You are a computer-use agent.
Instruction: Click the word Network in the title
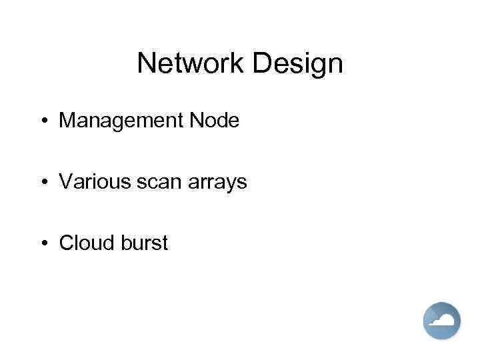191,64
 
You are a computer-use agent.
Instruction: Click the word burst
145,243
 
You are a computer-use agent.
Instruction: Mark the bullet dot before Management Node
43,121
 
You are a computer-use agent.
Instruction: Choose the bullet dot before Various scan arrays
43,182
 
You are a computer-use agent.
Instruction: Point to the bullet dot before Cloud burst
43,243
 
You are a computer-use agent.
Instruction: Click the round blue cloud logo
442,321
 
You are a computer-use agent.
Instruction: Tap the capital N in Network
146,64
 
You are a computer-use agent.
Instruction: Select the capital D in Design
261,64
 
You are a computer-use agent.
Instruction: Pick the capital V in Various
66,182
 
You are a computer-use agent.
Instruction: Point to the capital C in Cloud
67,243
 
